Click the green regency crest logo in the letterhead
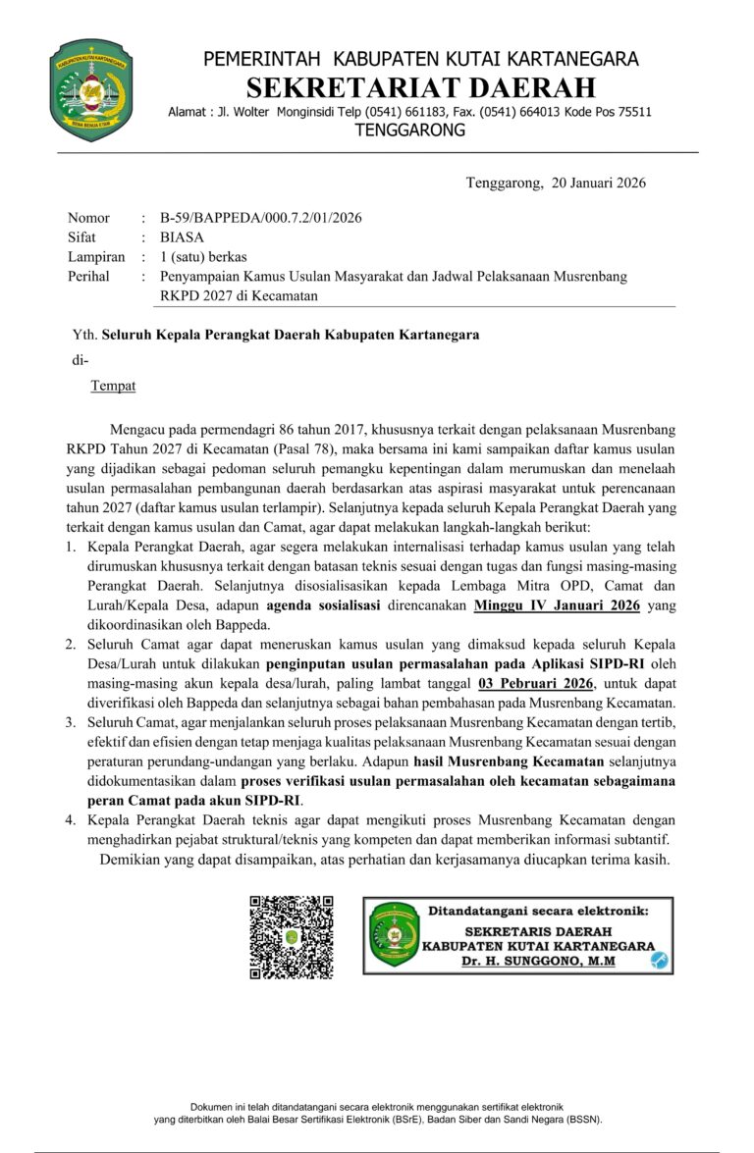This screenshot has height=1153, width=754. (x=91, y=90)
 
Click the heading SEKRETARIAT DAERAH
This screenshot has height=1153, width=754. (x=421, y=88)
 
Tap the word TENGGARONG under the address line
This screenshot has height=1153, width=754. (x=409, y=131)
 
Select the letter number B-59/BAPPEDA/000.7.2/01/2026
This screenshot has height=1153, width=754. (x=261, y=218)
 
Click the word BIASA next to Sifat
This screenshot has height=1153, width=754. (x=183, y=237)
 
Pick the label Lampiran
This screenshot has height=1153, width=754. (x=96, y=257)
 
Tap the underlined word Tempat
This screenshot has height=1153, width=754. (x=114, y=386)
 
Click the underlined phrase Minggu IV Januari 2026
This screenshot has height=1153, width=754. (x=557, y=605)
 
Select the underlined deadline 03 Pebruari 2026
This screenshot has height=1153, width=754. (x=537, y=684)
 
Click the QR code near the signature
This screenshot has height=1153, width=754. (x=291, y=937)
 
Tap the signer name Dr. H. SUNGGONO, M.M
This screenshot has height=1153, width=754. (x=539, y=962)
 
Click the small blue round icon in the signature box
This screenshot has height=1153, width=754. (x=660, y=961)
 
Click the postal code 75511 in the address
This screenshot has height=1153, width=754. (x=631, y=112)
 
